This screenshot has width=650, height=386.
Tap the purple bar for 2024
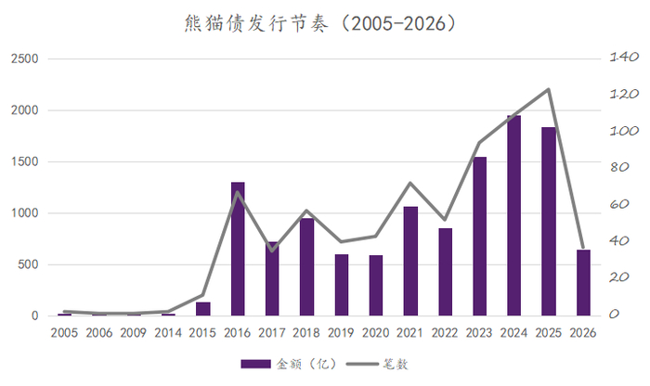(513, 215)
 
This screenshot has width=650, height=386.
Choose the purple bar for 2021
(410, 261)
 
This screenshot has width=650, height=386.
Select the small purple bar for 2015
(203, 309)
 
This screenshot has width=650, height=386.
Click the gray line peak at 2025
(549, 90)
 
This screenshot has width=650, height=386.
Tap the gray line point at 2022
(445, 220)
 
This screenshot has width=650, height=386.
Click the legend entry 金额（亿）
(282, 364)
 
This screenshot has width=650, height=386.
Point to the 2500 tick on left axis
(25, 59)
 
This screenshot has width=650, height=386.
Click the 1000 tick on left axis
(25, 213)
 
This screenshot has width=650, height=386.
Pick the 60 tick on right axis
(616, 205)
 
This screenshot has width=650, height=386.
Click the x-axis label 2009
(134, 333)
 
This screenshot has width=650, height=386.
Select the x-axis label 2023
(479, 333)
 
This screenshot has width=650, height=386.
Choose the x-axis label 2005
(65, 333)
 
